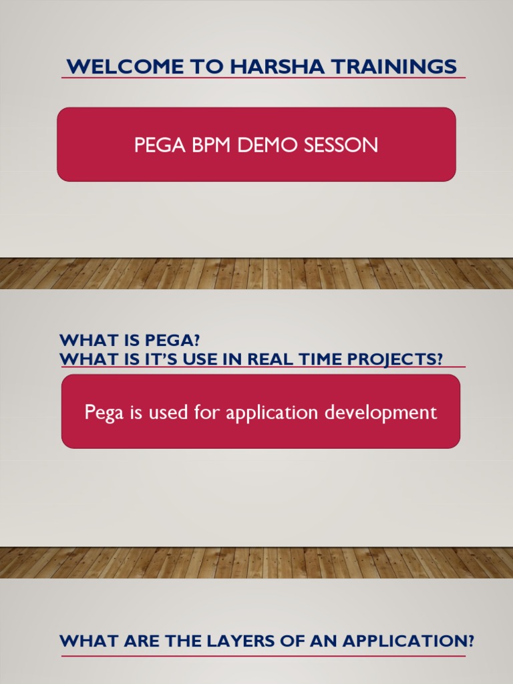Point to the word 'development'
381,413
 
